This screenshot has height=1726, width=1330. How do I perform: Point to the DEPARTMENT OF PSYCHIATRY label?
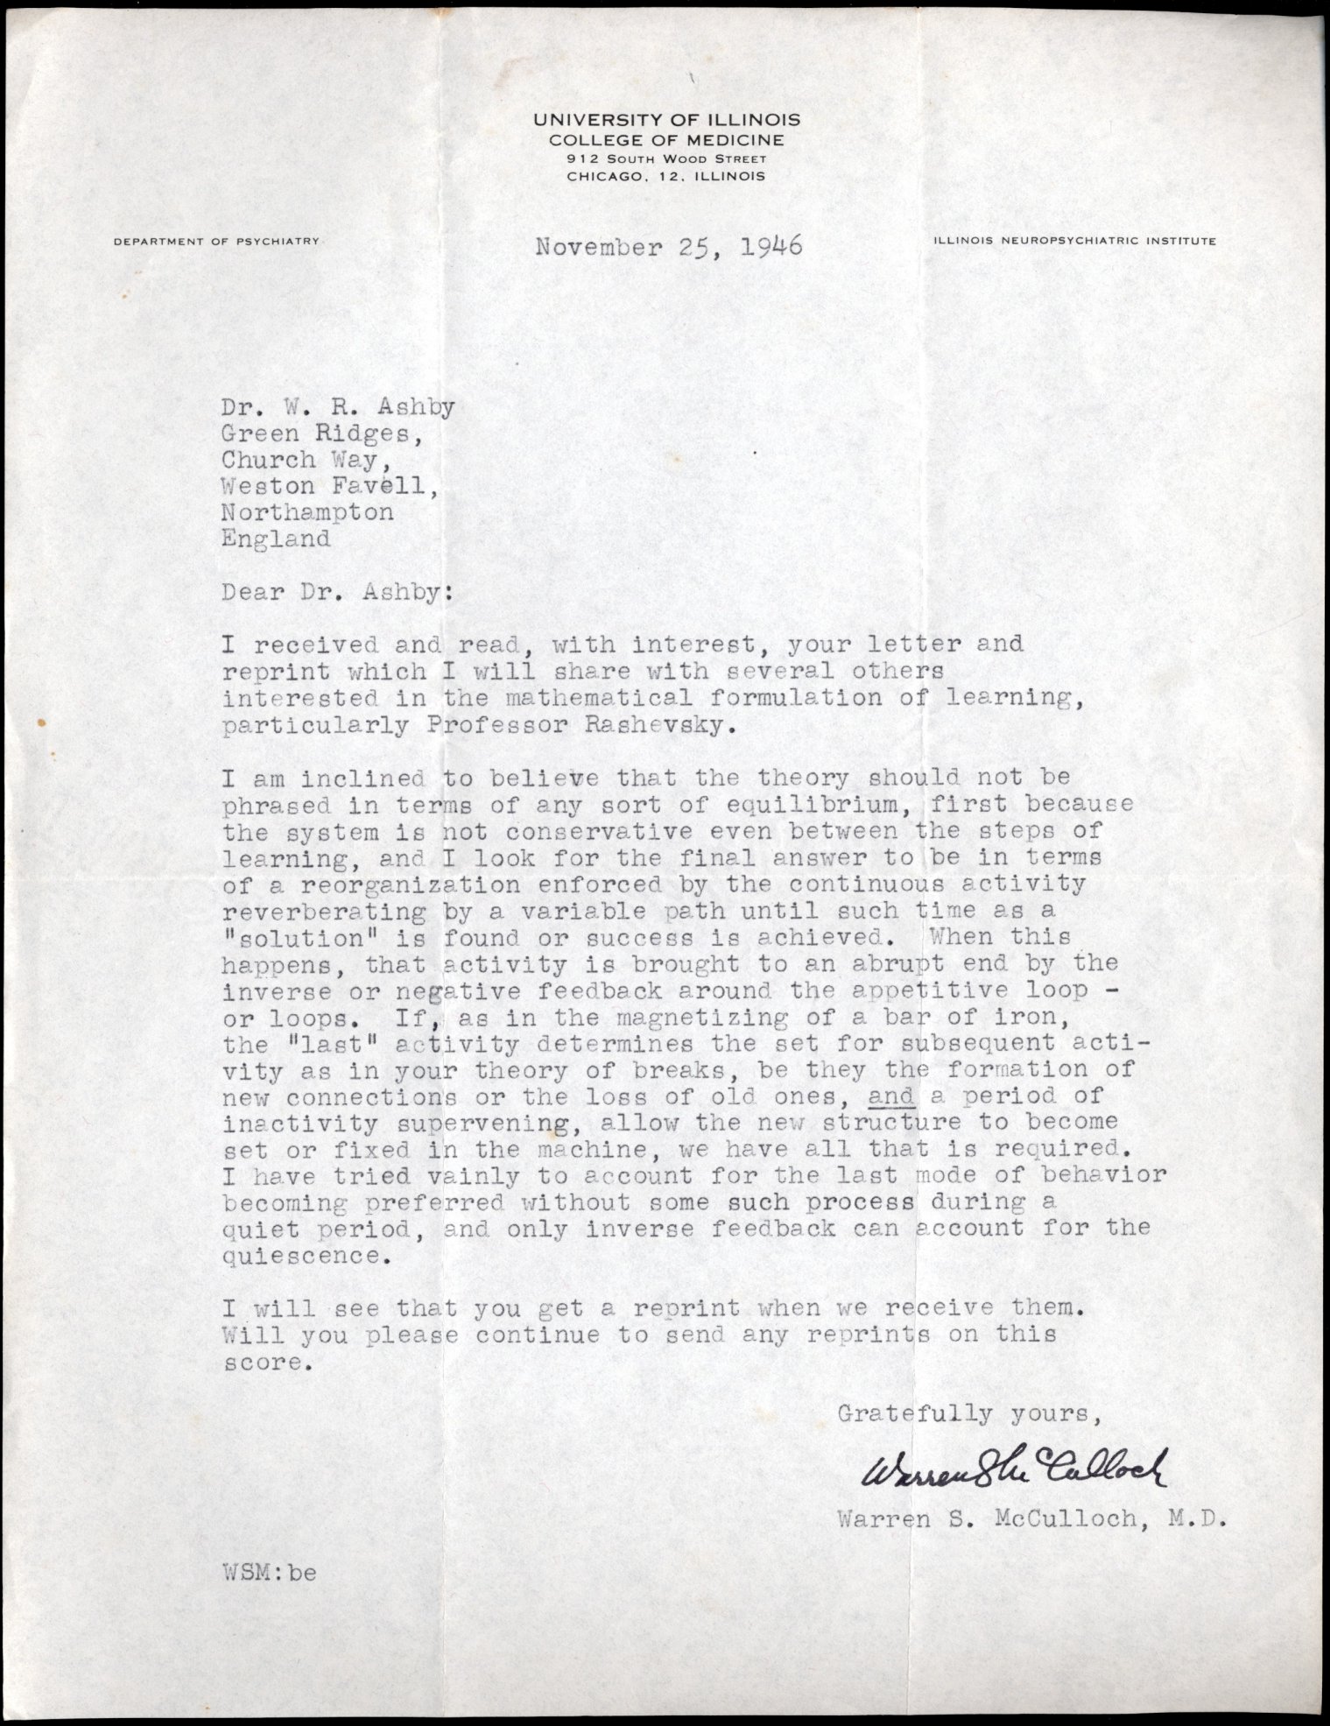tap(216, 241)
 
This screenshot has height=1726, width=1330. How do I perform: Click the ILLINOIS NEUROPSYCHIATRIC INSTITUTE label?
tap(1074, 241)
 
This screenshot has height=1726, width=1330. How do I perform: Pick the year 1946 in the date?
tap(770, 247)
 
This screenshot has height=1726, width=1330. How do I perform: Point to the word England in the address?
tap(276, 539)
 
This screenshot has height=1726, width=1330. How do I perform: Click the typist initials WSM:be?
tap(269, 1572)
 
